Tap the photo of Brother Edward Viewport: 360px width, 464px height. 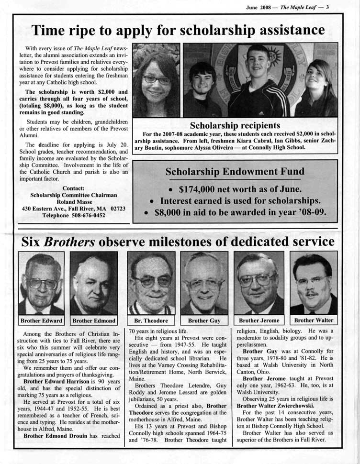pyautogui.click(x=41, y=283)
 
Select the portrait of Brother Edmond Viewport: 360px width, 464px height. pyautogui.click(x=93, y=283)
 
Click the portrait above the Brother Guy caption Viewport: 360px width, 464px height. pyautogui.click(x=204, y=283)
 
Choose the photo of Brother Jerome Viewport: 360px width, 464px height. pyautogui.click(x=259, y=283)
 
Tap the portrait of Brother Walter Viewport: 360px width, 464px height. pyautogui.click(x=313, y=283)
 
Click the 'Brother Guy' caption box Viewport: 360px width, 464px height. pyautogui.click(x=204, y=320)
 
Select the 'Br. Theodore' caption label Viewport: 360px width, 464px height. pyautogui.click(x=151, y=320)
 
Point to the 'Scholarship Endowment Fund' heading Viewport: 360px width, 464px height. pyautogui.click(x=235, y=171)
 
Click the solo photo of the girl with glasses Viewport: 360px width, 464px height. pyautogui.click(x=156, y=80)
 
